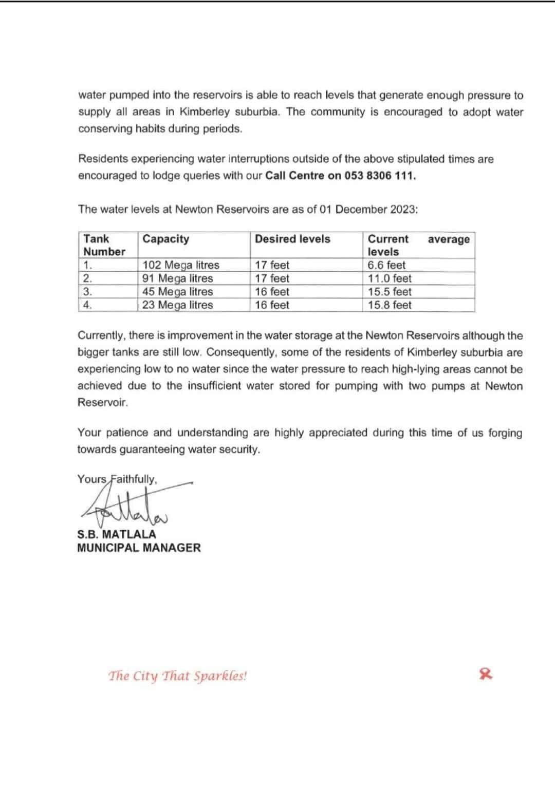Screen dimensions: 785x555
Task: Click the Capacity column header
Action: [165, 239]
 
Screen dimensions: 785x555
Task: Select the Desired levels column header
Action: [292, 239]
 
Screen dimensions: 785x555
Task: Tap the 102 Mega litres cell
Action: [181, 265]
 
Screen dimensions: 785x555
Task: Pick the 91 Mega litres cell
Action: [178, 278]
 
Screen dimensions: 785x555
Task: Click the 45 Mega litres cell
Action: [178, 292]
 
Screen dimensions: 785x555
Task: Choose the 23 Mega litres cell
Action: [178, 305]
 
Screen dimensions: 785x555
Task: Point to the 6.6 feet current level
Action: [386, 265]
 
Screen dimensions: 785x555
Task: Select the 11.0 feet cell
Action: [390, 278]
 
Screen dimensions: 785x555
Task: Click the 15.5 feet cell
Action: [390, 292]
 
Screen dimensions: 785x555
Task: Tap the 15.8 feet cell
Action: [390, 305]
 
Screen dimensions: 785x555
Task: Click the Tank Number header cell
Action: [104, 245]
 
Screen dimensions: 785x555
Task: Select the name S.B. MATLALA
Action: [117, 534]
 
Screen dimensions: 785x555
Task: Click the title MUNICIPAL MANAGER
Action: [139, 548]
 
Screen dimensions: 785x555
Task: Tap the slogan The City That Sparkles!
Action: [177, 676]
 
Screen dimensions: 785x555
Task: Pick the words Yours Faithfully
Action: [117, 479]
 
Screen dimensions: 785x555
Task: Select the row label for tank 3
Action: [88, 292]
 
